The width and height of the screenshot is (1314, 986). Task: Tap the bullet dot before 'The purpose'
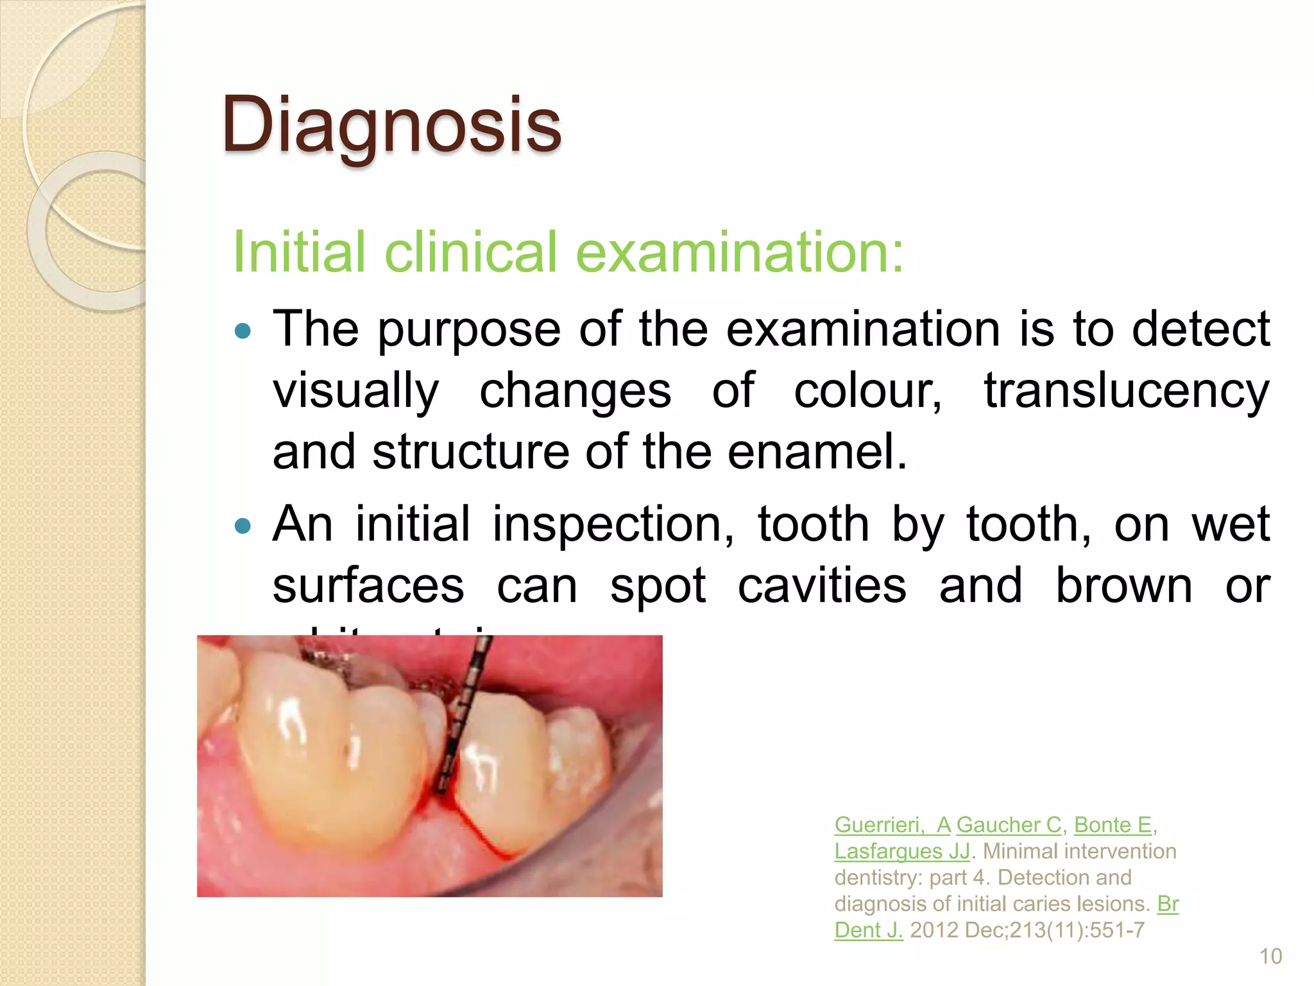point(243,332)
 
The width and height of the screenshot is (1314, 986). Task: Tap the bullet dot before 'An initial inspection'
point(243,527)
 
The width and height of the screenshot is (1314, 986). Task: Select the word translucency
point(1127,392)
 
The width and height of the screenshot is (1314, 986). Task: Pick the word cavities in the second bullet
point(822,585)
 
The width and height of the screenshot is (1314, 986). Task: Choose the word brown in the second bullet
point(1123,585)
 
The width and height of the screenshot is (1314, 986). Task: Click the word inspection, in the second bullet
point(613,524)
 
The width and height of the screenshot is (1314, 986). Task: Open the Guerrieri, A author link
point(892,825)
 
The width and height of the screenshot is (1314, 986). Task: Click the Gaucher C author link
point(1009,825)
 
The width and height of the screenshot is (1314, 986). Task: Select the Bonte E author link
point(1113,825)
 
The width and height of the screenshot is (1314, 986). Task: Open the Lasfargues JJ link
point(902,851)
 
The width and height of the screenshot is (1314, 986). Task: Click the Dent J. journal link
point(868,930)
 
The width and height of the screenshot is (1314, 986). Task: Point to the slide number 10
point(1270,956)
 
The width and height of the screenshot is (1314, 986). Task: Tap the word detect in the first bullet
point(1200,329)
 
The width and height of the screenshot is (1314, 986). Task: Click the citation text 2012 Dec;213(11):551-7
point(1027,930)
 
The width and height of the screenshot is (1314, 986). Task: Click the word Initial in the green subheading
point(299,252)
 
